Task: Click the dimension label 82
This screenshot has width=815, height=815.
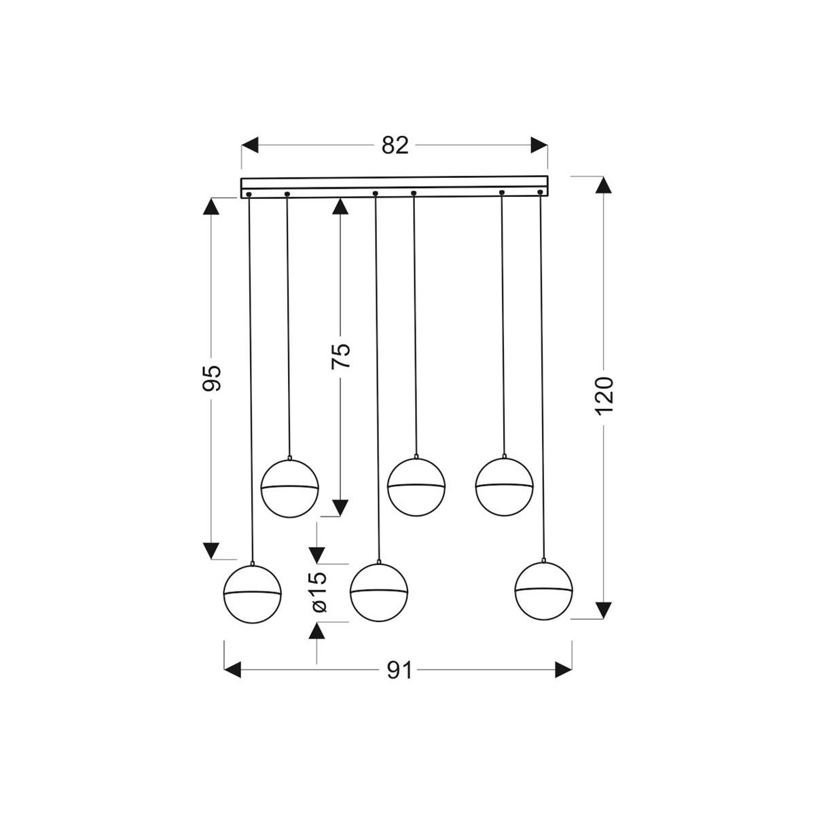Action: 395,145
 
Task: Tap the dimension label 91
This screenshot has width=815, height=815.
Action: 400,670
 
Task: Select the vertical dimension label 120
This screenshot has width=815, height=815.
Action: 604,395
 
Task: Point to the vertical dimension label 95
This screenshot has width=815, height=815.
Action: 213,378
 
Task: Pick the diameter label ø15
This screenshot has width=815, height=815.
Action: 318,591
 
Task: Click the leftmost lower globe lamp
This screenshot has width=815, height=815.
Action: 253,593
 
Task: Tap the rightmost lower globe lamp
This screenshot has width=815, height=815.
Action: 543,589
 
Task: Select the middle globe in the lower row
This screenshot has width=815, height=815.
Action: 378,592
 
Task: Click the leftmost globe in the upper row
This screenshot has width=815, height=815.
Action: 290,488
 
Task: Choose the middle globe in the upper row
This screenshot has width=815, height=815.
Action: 416,485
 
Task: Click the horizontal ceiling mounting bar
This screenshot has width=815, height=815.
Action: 394,187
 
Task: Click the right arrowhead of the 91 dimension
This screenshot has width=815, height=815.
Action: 563,670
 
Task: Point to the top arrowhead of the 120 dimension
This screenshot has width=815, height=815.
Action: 604,185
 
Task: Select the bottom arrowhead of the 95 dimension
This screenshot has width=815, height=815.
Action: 213,551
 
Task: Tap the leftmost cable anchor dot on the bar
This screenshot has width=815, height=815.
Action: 249,196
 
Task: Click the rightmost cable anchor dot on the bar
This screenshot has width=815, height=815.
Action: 540,193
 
